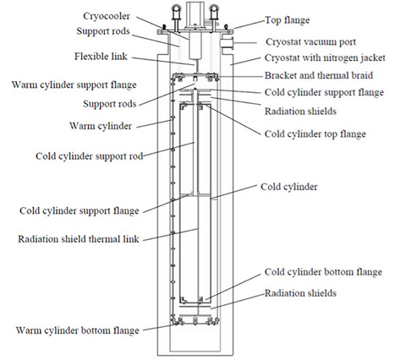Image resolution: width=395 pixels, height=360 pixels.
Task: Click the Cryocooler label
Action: click(x=130, y=14)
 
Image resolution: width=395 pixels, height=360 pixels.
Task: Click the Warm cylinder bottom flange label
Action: click(x=74, y=330)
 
